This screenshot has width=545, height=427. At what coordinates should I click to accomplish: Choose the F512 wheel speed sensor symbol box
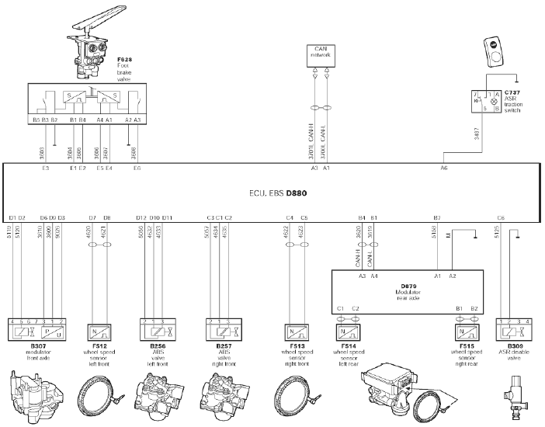coord(100,331)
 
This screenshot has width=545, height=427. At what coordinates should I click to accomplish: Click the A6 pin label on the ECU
coord(444,167)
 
